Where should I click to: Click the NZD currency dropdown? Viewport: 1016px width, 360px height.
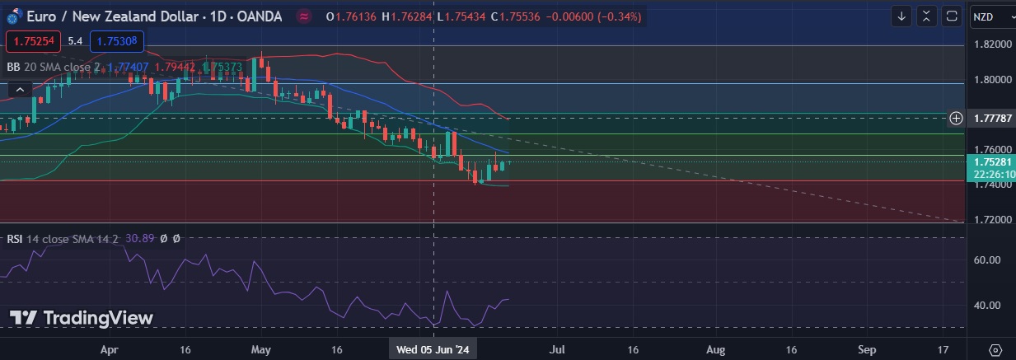click(x=989, y=16)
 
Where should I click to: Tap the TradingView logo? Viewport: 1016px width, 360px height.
click(x=81, y=318)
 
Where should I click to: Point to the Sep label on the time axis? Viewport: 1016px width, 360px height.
click(x=867, y=349)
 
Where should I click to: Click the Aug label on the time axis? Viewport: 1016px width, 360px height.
click(x=715, y=349)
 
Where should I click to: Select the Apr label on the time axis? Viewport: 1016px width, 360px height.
click(x=110, y=349)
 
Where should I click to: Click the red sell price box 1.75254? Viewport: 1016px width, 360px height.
click(x=32, y=40)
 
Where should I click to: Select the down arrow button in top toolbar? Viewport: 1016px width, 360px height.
click(x=902, y=16)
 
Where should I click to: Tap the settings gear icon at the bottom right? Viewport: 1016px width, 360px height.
click(x=995, y=349)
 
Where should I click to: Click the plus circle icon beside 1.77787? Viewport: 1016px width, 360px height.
click(x=956, y=118)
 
